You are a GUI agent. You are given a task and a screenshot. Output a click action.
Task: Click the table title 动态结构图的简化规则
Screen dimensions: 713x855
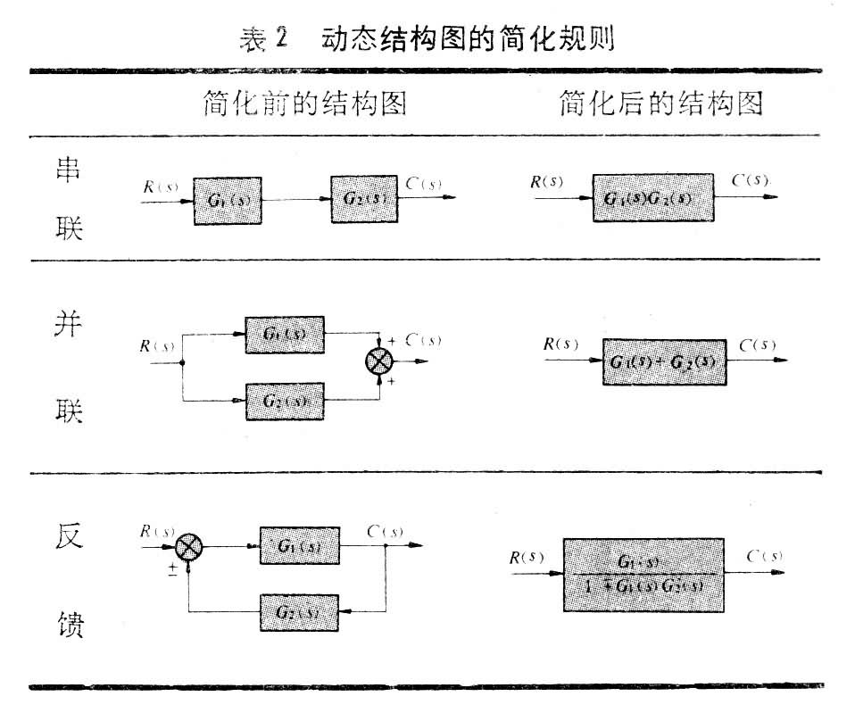[463, 39]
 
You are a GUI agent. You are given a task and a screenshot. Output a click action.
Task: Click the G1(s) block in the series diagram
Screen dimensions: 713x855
[228, 200]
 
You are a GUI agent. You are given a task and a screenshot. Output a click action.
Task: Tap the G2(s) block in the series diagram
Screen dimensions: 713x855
[364, 198]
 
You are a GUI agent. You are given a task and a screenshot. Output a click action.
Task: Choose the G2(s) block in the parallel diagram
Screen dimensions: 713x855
[285, 400]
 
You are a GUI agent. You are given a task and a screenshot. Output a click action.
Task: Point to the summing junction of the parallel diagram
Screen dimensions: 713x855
[380, 361]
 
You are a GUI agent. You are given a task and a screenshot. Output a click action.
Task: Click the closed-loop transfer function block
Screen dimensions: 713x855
[643, 574]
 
